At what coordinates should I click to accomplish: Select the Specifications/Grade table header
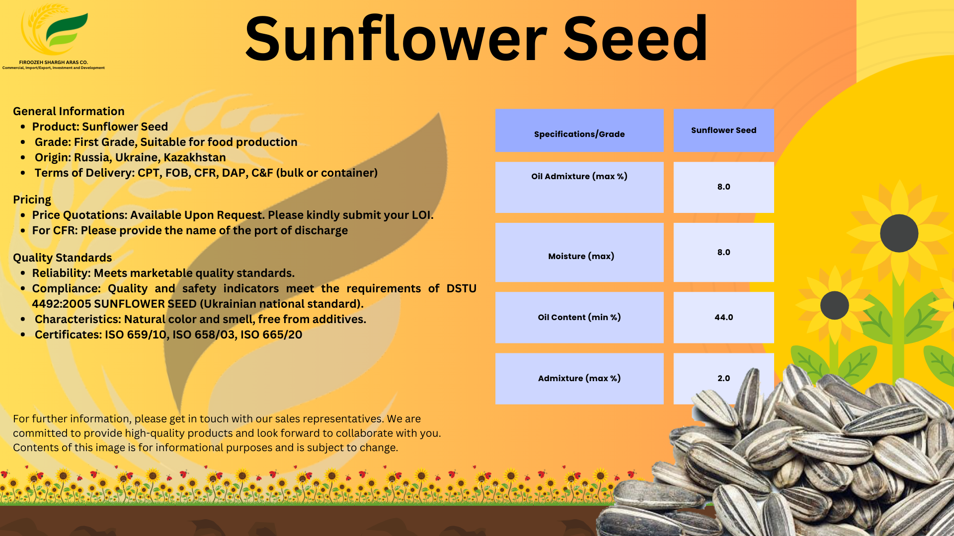click(x=579, y=134)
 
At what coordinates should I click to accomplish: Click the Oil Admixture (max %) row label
click(x=579, y=176)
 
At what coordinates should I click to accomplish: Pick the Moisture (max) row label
click(x=581, y=256)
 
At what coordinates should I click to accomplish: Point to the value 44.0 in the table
click(x=723, y=317)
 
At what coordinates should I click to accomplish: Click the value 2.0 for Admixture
click(x=723, y=378)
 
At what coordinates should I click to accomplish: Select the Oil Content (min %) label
click(x=579, y=317)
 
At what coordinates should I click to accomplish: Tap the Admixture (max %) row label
click(x=579, y=378)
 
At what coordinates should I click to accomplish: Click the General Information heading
click(x=69, y=111)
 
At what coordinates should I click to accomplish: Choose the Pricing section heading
click(x=32, y=200)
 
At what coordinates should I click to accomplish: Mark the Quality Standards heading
click(x=62, y=258)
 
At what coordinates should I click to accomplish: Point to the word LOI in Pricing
click(x=421, y=215)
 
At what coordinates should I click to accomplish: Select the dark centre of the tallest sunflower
click(x=899, y=233)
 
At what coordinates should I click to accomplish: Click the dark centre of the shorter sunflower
click(x=834, y=305)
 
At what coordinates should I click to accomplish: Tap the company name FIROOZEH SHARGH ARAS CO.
click(x=54, y=63)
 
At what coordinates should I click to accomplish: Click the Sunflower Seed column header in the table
click(x=723, y=130)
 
